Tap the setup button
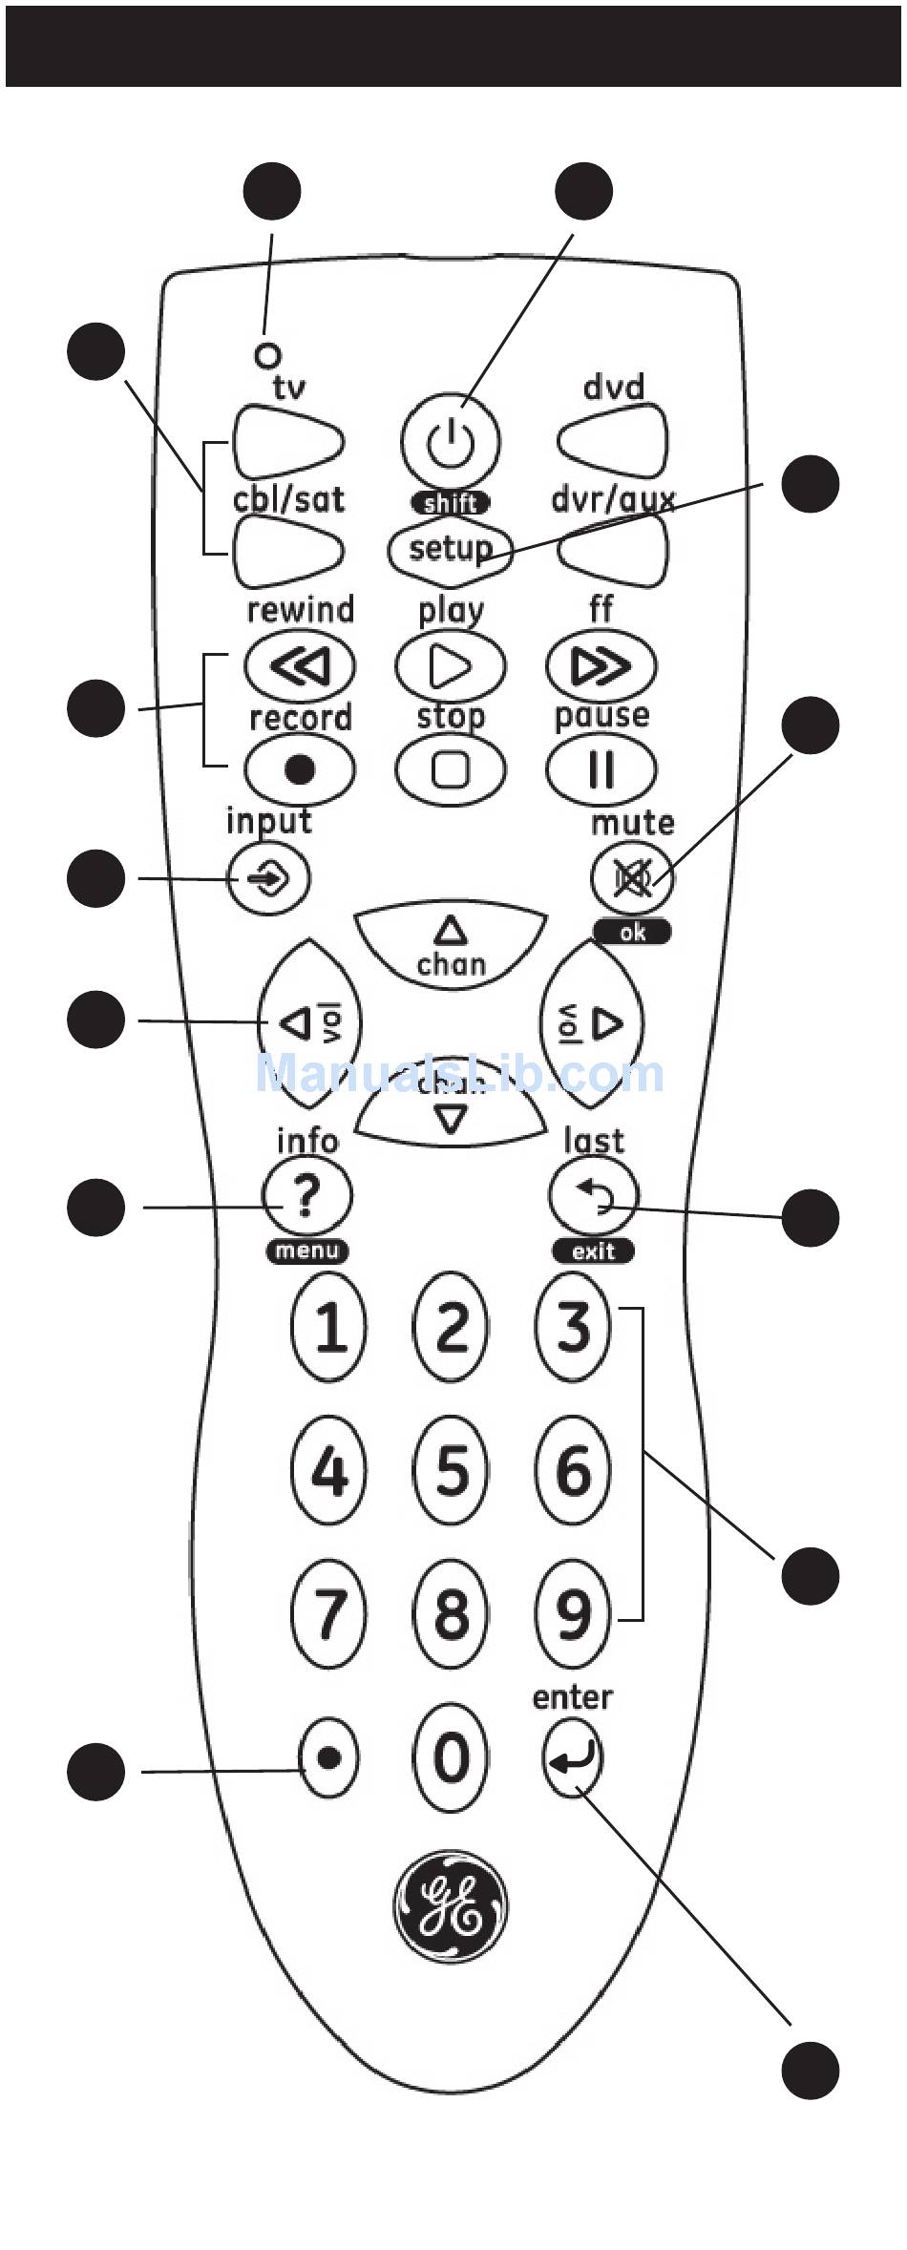[450, 548]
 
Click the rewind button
[300, 665]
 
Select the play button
[450, 666]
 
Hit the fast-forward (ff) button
[601, 665]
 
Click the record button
[300, 768]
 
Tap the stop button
[450, 768]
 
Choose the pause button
[601, 768]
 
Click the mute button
[632, 878]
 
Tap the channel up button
[451, 943]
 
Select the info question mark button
[306, 1195]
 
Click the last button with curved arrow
[594, 1195]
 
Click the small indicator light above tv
[268, 355]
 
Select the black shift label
[450, 503]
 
